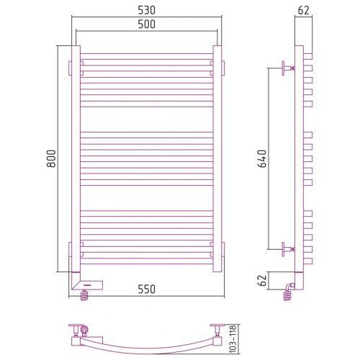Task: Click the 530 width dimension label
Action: pos(146,10)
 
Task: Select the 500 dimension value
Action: pos(146,24)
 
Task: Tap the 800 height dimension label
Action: pos(51,158)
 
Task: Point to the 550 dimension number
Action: pos(146,289)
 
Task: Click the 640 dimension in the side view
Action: pos(262,158)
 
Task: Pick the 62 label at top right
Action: pos(304,10)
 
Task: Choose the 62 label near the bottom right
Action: pos(262,280)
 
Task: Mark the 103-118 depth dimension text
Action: pos(233,339)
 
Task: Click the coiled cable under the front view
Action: pos(84,295)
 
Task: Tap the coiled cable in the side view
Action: pos(287,296)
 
